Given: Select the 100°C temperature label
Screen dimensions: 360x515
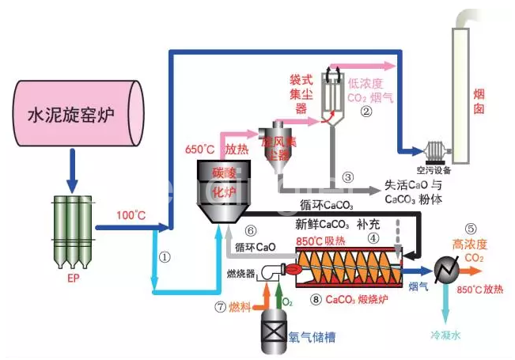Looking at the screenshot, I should (130, 214).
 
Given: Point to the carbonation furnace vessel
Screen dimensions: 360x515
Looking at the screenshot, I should (225, 191).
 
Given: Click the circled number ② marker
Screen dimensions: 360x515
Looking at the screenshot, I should (365, 112).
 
